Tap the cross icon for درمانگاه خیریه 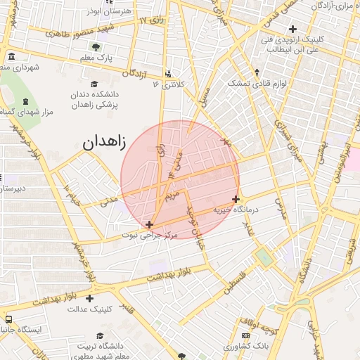click(236, 199)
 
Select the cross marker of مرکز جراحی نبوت click(149, 224)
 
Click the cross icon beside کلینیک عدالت click(89, 298)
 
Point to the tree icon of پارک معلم click(96, 46)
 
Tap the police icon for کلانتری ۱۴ click(167, 74)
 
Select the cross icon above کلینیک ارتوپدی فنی click(292, 29)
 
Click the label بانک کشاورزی click(247, 347)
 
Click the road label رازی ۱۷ click(150, 21)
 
